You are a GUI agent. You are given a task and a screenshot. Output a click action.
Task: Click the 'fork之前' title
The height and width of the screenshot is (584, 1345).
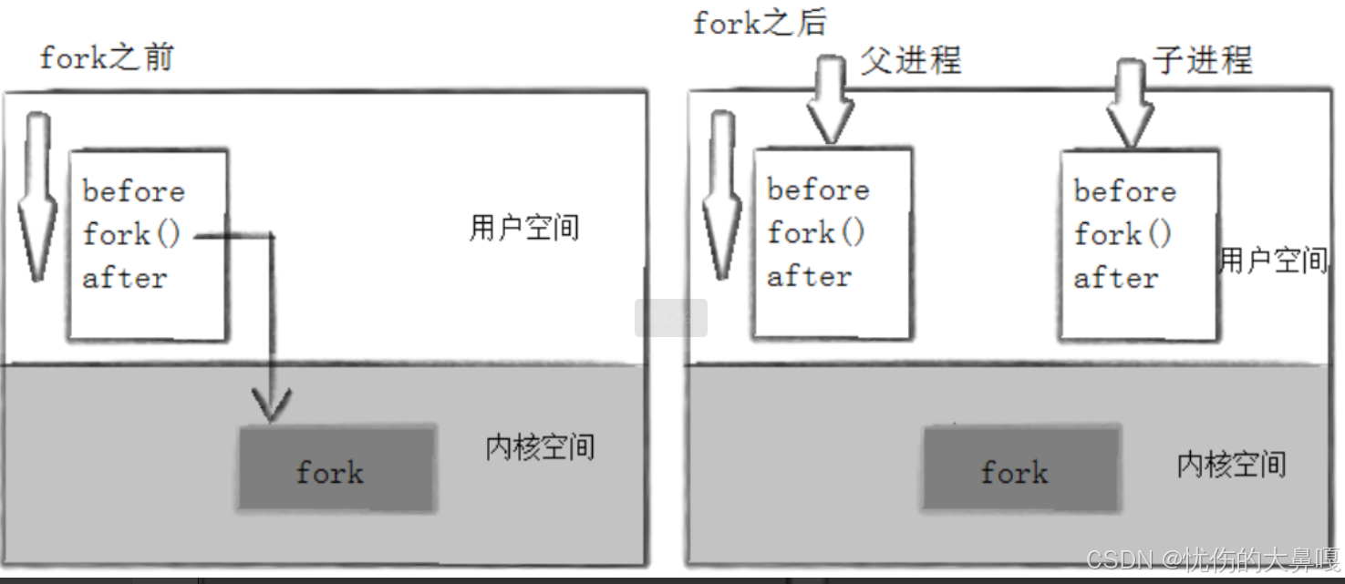coord(106,58)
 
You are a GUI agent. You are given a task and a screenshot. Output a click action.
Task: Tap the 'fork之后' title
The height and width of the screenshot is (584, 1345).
coord(760,22)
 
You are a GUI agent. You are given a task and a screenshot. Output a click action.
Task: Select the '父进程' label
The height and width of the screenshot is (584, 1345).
coord(910,60)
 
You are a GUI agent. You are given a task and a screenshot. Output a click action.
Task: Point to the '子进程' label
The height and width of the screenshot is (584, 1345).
coord(1202,60)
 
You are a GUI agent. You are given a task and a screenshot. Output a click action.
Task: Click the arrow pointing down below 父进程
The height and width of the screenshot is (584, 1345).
coord(829,100)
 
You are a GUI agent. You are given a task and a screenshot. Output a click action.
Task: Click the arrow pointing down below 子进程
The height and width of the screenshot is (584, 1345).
coord(1130,100)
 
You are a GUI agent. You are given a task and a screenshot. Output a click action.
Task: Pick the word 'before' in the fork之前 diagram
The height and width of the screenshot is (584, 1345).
coord(133,191)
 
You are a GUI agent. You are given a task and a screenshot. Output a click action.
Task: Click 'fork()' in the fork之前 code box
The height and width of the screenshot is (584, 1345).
coord(131,234)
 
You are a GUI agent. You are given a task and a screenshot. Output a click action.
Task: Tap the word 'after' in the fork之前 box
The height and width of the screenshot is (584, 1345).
coord(125,277)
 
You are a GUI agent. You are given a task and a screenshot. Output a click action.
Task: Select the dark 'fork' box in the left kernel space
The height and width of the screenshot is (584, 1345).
coord(336,468)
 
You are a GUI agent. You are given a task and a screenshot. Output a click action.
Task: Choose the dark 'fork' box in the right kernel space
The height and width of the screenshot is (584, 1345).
coord(1020,468)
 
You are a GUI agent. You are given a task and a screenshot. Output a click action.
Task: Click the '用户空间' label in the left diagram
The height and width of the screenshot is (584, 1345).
coord(524,228)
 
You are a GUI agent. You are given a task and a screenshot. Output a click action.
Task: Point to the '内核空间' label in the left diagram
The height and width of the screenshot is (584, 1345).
coord(540,447)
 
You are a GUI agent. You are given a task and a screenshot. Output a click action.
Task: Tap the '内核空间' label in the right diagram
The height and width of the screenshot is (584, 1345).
coord(1231,465)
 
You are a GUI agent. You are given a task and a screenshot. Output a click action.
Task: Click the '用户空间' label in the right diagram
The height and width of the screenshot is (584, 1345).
coord(1273,261)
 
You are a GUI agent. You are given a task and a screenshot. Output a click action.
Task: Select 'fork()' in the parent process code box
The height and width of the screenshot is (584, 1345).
coord(815,233)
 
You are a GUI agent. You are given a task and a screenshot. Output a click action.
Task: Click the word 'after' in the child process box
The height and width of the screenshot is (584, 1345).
coord(1115,277)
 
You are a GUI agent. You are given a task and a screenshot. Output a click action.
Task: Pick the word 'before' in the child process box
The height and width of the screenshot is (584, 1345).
coord(1124,191)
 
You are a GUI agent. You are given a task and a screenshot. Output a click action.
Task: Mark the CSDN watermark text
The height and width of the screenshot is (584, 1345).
coord(1213,558)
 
